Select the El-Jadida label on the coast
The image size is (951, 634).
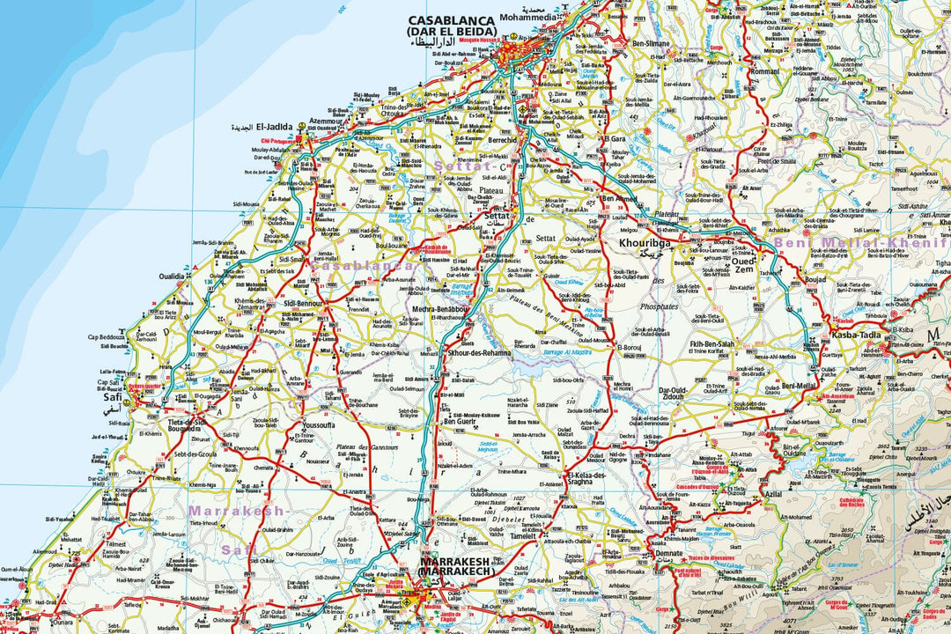pos(251,127)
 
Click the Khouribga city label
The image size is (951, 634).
pos(645,240)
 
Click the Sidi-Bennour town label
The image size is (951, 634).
pos(304,303)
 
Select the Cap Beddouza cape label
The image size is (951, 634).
pos(106,337)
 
